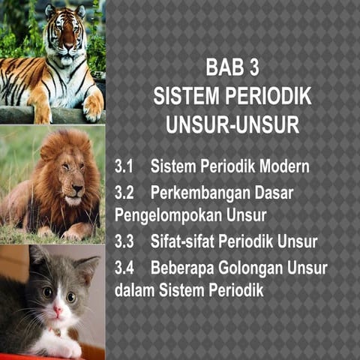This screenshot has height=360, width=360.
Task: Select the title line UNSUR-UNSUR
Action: [x=232, y=124]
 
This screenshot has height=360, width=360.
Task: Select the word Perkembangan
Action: [x=198, y=192]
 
